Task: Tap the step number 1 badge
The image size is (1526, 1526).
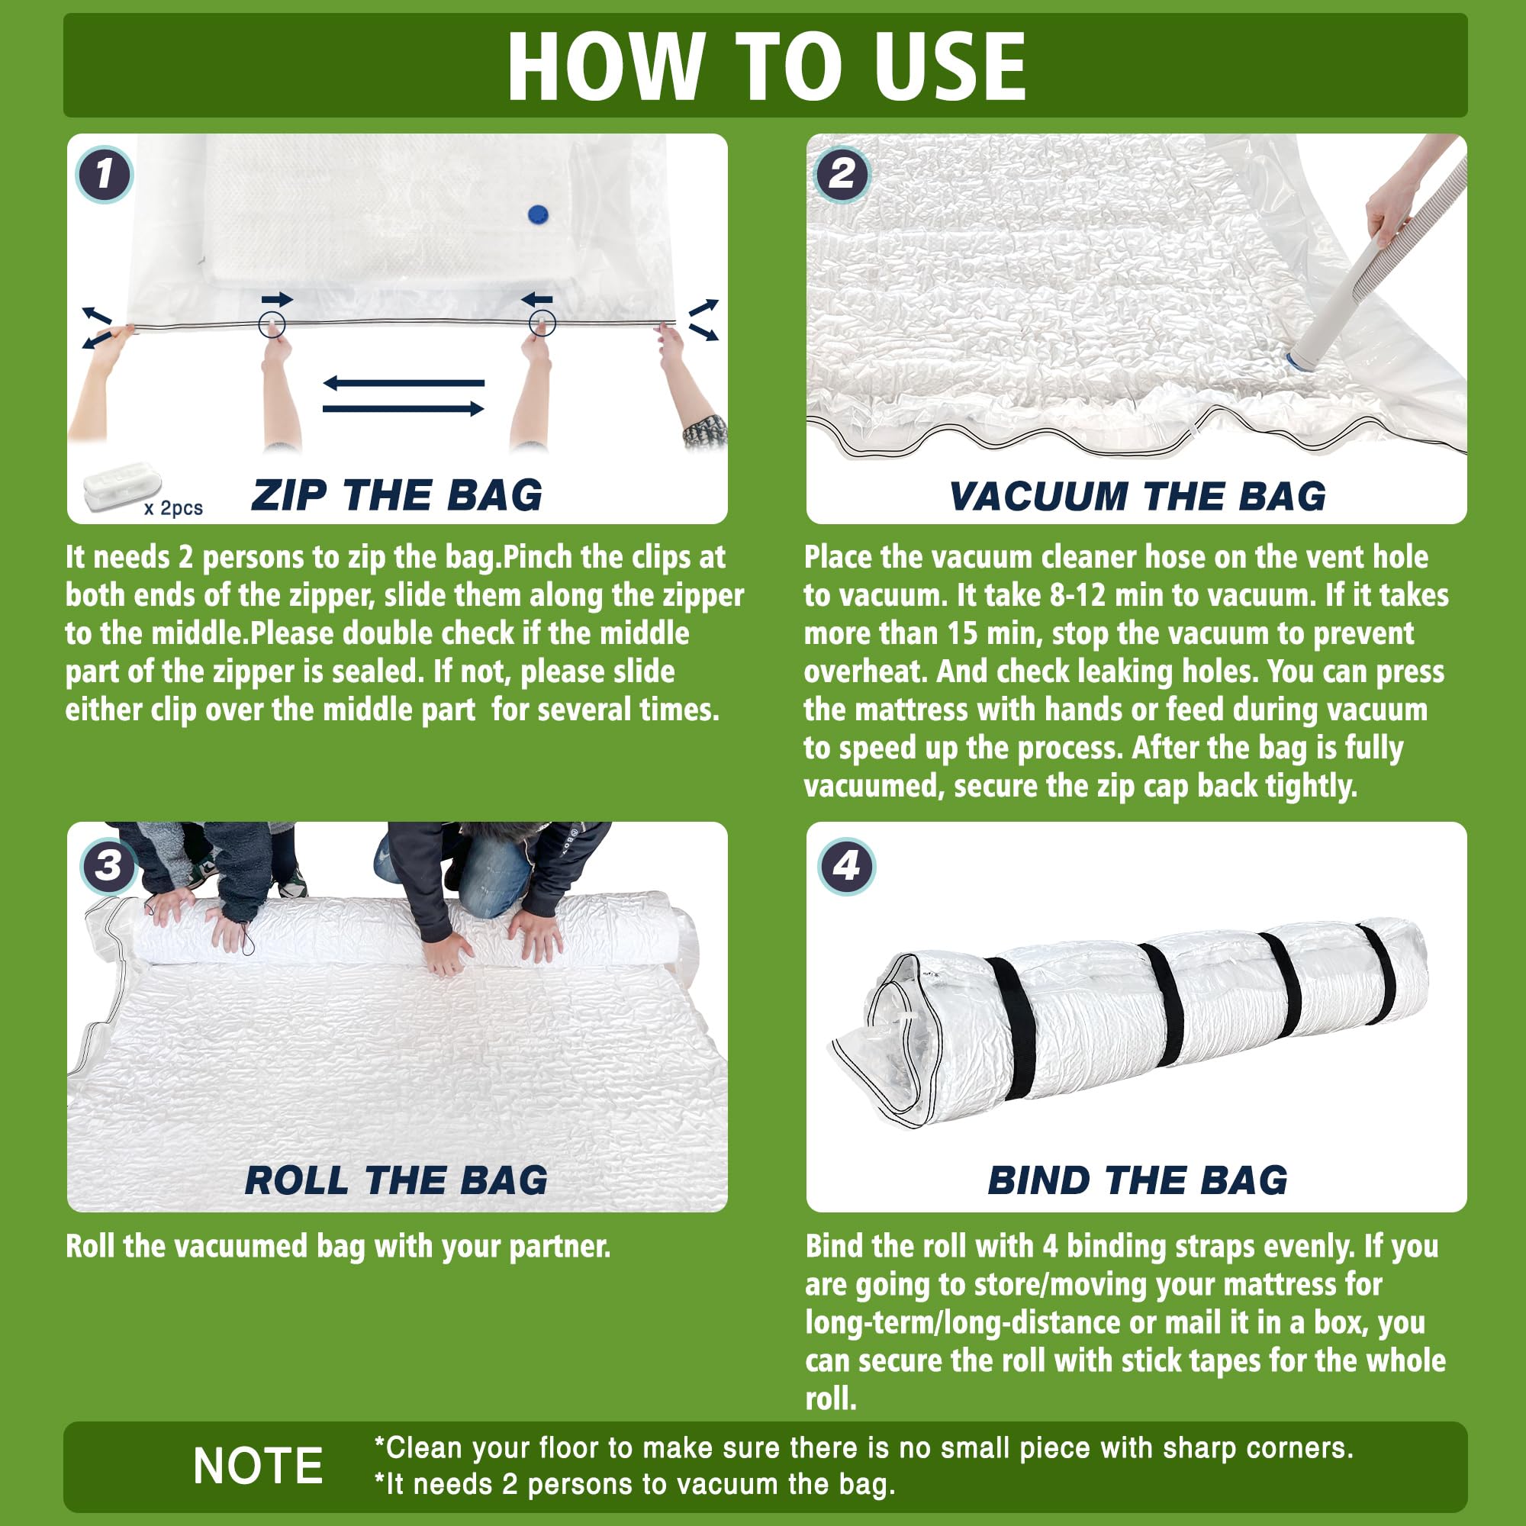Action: pos(105,175)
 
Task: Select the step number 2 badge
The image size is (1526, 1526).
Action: pos(842,175)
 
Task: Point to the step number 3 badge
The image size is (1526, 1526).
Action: pos(108,866)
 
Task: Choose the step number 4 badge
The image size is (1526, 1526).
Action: pos(846,867)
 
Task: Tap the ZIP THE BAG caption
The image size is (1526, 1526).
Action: pos(397,496)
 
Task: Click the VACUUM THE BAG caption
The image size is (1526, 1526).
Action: pos(1138,496)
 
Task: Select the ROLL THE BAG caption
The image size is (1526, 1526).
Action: pos(397,1181)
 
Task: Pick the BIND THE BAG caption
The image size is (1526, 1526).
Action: pos(1138,1181)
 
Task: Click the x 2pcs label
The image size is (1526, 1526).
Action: pos(174,508)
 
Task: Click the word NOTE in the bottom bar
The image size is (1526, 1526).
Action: pos(259,1466)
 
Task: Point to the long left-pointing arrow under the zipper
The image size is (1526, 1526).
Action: pos(404,383)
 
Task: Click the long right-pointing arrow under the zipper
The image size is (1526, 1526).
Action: pos(404,408)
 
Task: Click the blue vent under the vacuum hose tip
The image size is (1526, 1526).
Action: pos(1296,362)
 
